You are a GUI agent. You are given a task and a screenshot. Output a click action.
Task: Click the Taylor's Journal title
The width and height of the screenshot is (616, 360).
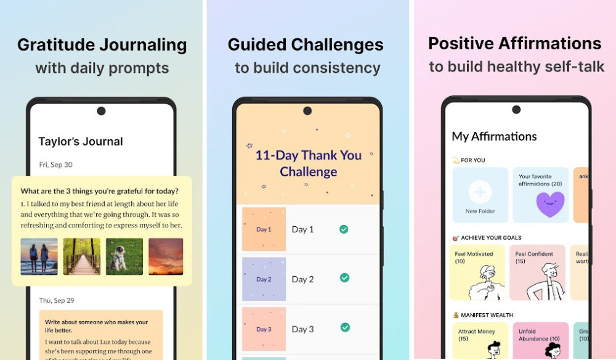[x=81, y=142]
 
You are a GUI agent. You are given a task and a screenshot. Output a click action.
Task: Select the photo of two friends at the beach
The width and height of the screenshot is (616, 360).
[x=39, y=256]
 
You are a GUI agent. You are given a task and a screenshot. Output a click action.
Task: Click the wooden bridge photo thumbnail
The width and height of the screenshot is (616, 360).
[x=81, y=256]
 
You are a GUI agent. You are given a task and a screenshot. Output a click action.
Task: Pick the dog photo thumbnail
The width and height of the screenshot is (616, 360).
[x=124, y=256]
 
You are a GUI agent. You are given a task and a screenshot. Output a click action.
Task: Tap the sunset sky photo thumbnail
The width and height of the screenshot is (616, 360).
[x=166, y=256]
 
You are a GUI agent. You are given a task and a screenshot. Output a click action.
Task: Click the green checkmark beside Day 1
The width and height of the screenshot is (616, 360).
[x=344, y=229]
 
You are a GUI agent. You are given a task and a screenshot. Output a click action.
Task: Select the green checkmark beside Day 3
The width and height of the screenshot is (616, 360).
[x=344, y=327]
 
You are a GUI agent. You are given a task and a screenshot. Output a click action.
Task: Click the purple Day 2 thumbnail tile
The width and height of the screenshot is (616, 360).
[x=264, y=279]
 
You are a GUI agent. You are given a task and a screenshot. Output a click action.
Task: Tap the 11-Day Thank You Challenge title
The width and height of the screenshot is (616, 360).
[x=308, y=163]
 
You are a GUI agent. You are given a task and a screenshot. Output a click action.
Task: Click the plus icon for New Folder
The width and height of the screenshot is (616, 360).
[x=480, y=192]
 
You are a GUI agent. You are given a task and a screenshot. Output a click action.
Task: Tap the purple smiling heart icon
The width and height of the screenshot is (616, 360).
[x=550, y=204]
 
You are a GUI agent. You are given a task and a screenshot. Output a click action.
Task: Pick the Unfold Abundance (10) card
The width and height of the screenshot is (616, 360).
[x=540, y=341]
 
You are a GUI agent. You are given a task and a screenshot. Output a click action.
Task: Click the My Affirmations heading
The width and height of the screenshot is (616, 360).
[x=494, y=136]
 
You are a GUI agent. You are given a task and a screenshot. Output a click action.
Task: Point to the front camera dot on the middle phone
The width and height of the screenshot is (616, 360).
[x=307, y=111]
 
